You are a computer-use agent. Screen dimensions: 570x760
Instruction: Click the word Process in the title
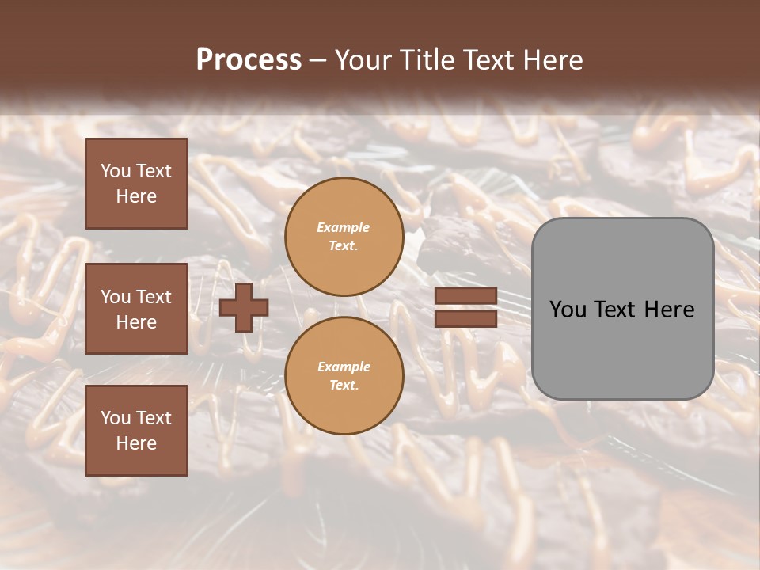(x=249, y=60)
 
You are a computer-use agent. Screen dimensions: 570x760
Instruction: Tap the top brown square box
(x=136, y=184)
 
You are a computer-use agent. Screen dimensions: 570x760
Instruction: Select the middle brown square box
(x=136, y=309)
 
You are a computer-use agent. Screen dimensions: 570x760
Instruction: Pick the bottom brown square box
(x=136, y=431)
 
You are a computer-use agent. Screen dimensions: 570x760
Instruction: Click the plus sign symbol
(x=244, y=307)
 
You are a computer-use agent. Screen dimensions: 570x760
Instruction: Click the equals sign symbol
(x=465, y=307)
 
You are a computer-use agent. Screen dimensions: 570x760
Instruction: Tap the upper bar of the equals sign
(x=465, y=296)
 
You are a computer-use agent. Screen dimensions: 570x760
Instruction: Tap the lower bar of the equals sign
(x=465, y=318)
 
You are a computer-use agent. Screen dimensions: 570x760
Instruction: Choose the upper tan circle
(x=344, y=237)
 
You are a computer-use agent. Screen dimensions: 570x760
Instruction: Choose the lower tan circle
(x=344, y=376)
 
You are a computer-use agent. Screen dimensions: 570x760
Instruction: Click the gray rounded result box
(x=622, y=309)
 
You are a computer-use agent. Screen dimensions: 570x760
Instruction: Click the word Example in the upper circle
(x=344, y=228)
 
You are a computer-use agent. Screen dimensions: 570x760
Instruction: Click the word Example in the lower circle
(x=344, y=367)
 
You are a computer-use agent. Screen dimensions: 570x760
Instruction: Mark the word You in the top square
(x=115, y=171)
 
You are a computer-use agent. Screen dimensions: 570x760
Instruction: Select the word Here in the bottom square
(x=136, y=443)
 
